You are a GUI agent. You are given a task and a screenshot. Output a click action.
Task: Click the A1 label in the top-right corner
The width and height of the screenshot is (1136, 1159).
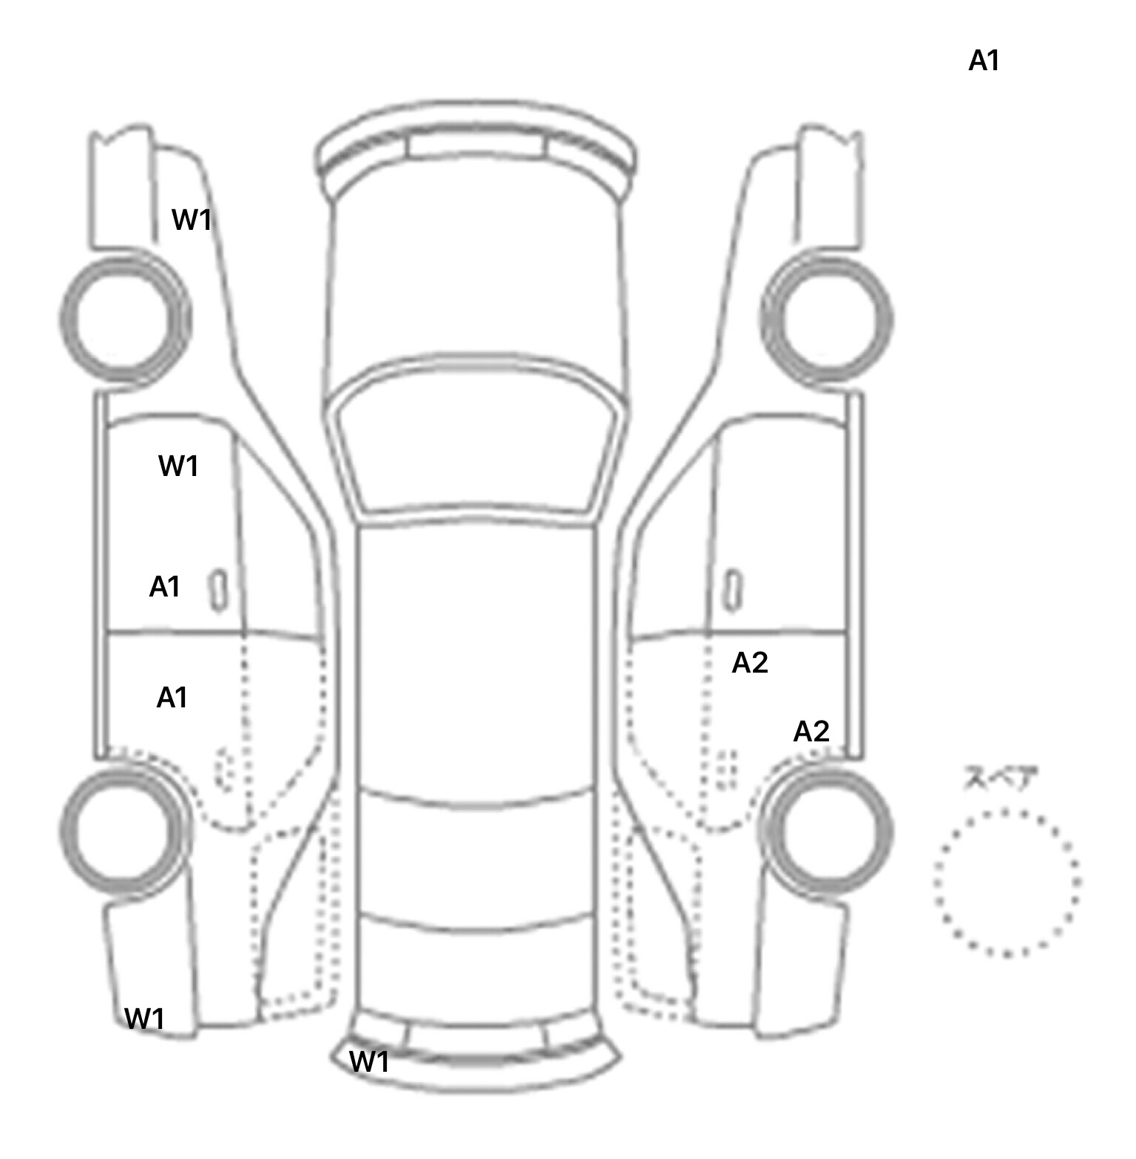[x=984, y=61]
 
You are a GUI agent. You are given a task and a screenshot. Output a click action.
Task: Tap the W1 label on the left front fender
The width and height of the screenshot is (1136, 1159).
[x=192, y=220]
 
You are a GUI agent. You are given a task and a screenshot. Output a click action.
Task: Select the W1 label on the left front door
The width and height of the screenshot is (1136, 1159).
[x=178, y=466]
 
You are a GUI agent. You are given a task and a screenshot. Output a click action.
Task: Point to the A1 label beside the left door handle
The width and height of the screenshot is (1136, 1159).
[x=165, y=587]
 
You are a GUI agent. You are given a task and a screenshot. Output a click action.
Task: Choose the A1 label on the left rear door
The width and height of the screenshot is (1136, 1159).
[x=172, y=698]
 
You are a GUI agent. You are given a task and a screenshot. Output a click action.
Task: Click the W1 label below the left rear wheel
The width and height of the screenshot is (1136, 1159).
[x=144, y=1019]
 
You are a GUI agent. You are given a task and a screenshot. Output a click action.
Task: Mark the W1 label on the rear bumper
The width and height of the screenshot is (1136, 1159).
[x=368, y=1061]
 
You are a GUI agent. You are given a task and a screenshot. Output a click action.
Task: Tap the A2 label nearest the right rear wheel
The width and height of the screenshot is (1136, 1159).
[x=811, y=732]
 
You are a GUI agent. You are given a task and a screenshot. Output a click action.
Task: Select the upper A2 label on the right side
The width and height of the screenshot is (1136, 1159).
[x=750, y=664]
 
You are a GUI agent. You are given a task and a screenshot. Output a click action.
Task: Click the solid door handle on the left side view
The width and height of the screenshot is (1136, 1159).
[x=218, y=591]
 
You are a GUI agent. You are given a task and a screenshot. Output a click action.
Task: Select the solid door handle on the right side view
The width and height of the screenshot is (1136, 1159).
[x=733, y=591]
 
